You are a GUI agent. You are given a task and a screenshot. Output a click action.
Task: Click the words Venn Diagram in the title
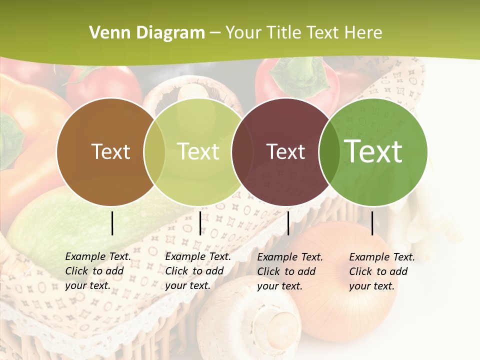point(147,33)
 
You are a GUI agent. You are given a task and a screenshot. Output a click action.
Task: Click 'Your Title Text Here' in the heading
point(303,33)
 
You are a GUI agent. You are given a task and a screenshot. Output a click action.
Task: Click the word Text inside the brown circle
point(110,151)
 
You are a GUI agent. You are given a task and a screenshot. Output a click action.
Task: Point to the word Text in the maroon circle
point(285,151)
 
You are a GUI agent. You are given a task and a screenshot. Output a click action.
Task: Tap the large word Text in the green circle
point(373,151)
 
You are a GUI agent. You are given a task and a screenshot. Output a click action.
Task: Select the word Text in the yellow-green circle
point(198,151)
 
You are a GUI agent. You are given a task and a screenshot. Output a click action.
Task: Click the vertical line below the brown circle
point(112,223)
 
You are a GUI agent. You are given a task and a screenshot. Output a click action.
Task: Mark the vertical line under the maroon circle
point(288,223)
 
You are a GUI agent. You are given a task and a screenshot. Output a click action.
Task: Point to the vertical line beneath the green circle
point(372,223)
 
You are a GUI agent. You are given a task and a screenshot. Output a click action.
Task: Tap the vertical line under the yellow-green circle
point(200,223)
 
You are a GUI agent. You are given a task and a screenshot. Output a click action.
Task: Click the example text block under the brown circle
point(98,271)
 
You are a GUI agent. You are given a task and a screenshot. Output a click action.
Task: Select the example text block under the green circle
point(382,271)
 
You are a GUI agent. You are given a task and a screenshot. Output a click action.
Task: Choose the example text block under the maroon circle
point(290,271)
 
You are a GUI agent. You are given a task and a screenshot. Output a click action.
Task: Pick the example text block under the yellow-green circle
point(198,271)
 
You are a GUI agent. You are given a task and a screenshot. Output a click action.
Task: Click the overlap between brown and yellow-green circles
point(154,152)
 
